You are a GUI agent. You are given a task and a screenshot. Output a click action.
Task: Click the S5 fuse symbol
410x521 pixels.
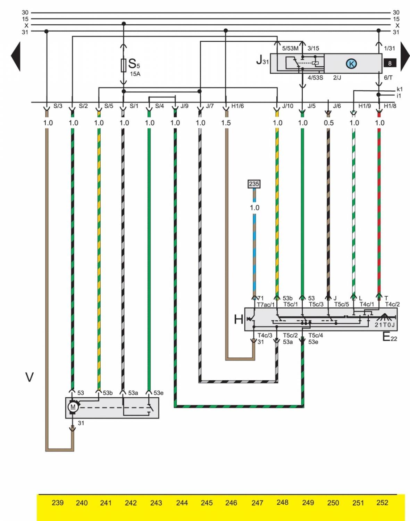[x=124, y=65]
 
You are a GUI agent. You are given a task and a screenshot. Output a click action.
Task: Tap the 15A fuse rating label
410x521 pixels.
[x=135, y=74]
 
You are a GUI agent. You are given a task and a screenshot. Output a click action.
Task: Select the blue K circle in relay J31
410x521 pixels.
[x=351, y=64]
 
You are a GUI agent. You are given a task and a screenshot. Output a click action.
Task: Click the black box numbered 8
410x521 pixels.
[x=390, y=63]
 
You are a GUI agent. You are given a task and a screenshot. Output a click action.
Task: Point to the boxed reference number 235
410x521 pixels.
[x=254, y=184]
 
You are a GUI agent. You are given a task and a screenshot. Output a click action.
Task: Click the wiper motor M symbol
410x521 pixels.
[x=73, y=407]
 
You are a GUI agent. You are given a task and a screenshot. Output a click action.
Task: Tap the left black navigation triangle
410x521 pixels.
[x=16, y=57]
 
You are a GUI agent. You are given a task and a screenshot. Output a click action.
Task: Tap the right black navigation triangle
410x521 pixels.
[x=405, y=57]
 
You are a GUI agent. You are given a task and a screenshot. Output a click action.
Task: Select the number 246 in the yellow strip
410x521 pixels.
[x=231, y=503]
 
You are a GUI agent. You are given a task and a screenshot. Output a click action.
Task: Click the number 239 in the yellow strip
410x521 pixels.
[x=57, y=503]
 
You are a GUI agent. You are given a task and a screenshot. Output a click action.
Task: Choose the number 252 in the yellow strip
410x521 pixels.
[x=382, y=503]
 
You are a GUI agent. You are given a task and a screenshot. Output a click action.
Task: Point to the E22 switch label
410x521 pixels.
[x=390, y=337]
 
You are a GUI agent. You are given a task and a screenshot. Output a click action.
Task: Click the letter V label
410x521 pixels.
[x=30, y=377]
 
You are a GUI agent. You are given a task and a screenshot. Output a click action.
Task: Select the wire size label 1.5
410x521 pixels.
[x=226, y=123]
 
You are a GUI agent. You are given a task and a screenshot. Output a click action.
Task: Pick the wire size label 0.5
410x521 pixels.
[x=328, y=123]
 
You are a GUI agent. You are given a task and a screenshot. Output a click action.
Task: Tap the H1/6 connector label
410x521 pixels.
[x=238, y=106]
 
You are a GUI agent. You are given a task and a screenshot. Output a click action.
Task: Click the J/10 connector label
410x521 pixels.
[x=287, y=106]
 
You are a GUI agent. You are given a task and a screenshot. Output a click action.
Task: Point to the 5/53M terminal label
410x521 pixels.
[x=290, y=49]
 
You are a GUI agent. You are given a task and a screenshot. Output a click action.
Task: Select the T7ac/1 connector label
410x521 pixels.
[x=266, y=305]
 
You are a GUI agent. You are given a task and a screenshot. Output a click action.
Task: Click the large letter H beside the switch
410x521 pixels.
[x=239, y=319]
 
